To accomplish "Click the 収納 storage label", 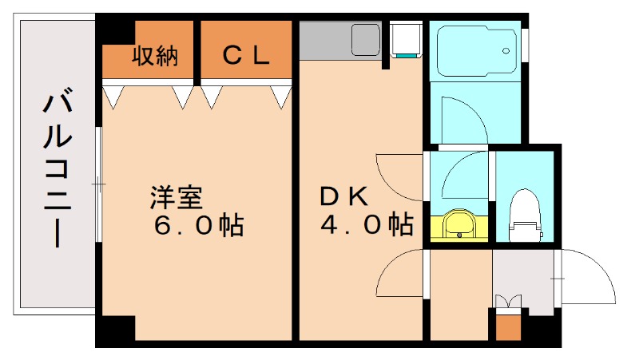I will [154, 56].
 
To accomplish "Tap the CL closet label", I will [245, 56].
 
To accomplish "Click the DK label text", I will [344, 196].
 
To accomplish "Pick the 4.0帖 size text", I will [367, 225].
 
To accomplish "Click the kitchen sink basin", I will [366, 37].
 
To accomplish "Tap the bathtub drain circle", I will [506, 51].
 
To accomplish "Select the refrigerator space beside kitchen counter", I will [405, 40].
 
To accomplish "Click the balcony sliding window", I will [98, 184].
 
